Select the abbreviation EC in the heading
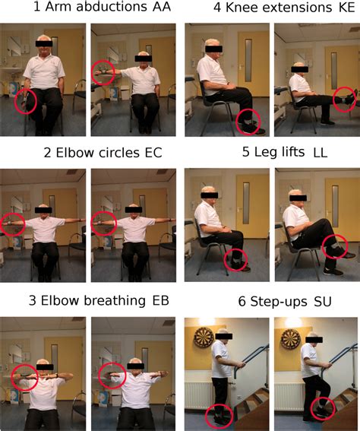153,153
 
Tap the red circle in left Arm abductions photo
26,101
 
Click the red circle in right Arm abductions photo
102,73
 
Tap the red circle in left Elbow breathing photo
25,377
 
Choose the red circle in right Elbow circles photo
103,222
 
